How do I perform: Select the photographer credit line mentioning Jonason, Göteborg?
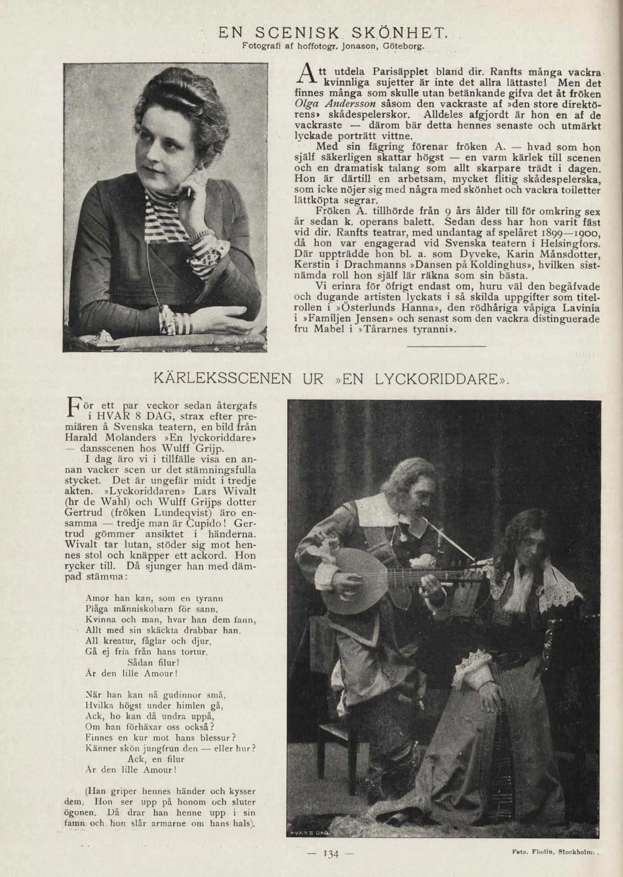pos(332,47)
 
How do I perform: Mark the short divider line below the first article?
pos(447,347)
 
